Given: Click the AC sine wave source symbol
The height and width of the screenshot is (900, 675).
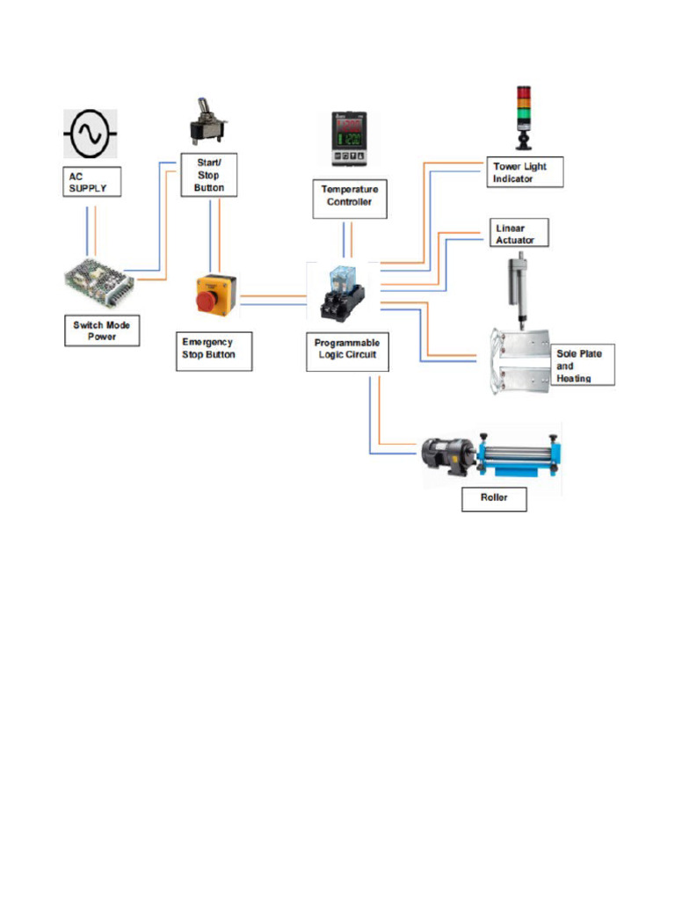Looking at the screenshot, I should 89,134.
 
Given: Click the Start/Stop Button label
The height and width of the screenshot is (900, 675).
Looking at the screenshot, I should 209,175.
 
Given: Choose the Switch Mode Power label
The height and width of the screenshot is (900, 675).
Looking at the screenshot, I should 102,330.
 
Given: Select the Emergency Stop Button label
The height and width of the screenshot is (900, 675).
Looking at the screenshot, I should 214,352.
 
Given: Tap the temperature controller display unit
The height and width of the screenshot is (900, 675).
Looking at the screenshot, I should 349,139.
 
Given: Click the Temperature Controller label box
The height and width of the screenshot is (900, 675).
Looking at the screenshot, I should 351,196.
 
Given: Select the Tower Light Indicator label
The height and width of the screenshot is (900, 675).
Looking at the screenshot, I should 525,172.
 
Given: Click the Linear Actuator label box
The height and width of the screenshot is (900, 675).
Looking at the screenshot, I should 519,234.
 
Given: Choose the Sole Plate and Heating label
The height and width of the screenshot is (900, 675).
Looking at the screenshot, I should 583,365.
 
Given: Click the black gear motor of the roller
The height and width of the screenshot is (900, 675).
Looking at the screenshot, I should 446,455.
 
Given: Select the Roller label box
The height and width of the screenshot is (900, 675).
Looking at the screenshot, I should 494,499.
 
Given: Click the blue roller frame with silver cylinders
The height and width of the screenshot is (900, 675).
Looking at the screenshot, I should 520,455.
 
